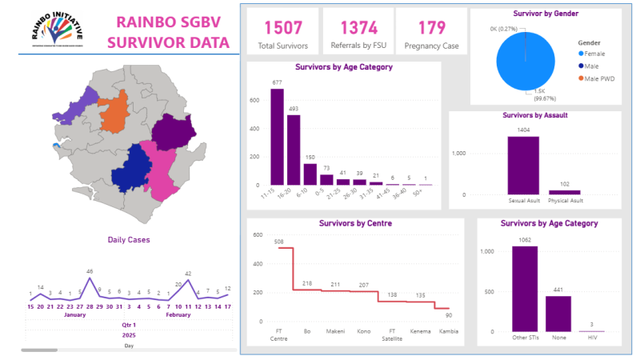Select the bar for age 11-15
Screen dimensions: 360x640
click(277, 137)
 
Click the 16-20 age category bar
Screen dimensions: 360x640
click(294, 150)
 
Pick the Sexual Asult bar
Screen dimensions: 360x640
click(523, 165)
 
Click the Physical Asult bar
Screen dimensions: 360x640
click(565, 192)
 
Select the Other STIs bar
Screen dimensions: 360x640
click(526, 288)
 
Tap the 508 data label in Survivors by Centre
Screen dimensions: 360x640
click(280, 241)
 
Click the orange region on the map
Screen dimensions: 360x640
click(114, 116)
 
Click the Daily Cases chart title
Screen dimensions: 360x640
click(129, 239)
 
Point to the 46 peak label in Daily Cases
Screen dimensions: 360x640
click(90, 272)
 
